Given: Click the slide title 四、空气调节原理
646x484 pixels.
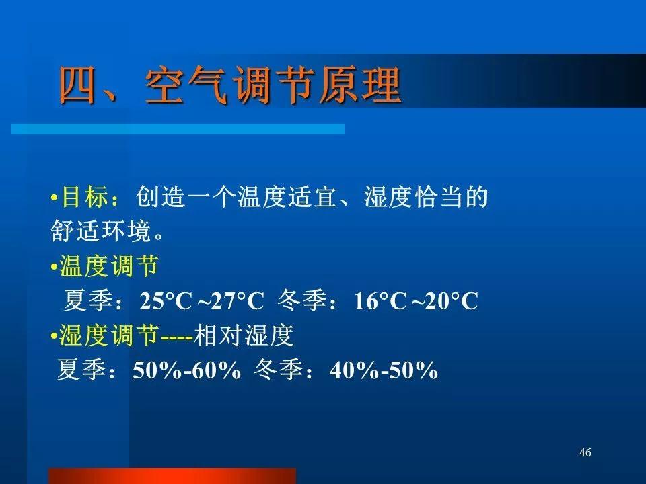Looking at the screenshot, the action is click(x=230, y=85).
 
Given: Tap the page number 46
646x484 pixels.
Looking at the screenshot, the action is click(x=585, y=452).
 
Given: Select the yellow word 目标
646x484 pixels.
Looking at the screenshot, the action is click(x=85, y=196).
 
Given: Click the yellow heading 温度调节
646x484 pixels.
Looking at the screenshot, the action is click(x=109, y=266).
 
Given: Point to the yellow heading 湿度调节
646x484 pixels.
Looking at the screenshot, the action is click(x=109, y=335).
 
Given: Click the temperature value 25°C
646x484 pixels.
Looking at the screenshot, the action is click(x=166, y=300).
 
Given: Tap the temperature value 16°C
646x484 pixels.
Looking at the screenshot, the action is click(x=380, y=300).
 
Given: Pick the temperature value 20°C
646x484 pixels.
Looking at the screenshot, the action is click(x=452, y=300).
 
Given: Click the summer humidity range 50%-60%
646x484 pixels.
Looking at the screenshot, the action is click(x=186, y=370).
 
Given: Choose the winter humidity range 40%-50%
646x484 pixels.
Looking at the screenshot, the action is click(x=384, y=370).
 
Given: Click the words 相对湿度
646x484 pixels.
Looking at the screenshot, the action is click(x=244, y=335).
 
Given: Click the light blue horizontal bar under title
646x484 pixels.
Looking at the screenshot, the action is click(x=178, y=129).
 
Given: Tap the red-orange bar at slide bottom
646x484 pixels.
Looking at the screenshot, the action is click(x=172, y=476).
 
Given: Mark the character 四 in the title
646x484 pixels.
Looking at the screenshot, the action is click(x=78, y=85).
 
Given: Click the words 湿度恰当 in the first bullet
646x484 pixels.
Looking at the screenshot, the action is click(x=414, y=196).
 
